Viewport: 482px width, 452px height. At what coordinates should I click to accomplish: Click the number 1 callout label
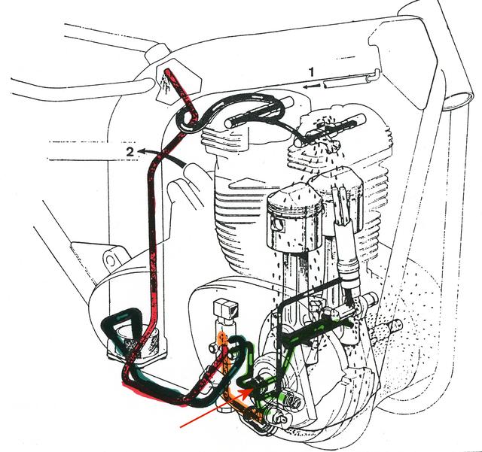312,72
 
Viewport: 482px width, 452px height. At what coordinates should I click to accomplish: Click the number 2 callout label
131,152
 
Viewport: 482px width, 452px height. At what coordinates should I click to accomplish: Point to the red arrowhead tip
253,389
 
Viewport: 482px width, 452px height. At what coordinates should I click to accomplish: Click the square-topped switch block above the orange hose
226,308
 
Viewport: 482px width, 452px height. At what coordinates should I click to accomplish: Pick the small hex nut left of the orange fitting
213,347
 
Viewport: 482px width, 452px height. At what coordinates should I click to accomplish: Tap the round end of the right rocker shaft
360,118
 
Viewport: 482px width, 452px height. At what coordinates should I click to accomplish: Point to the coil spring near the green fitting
292,401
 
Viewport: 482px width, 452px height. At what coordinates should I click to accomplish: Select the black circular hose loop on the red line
185,121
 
